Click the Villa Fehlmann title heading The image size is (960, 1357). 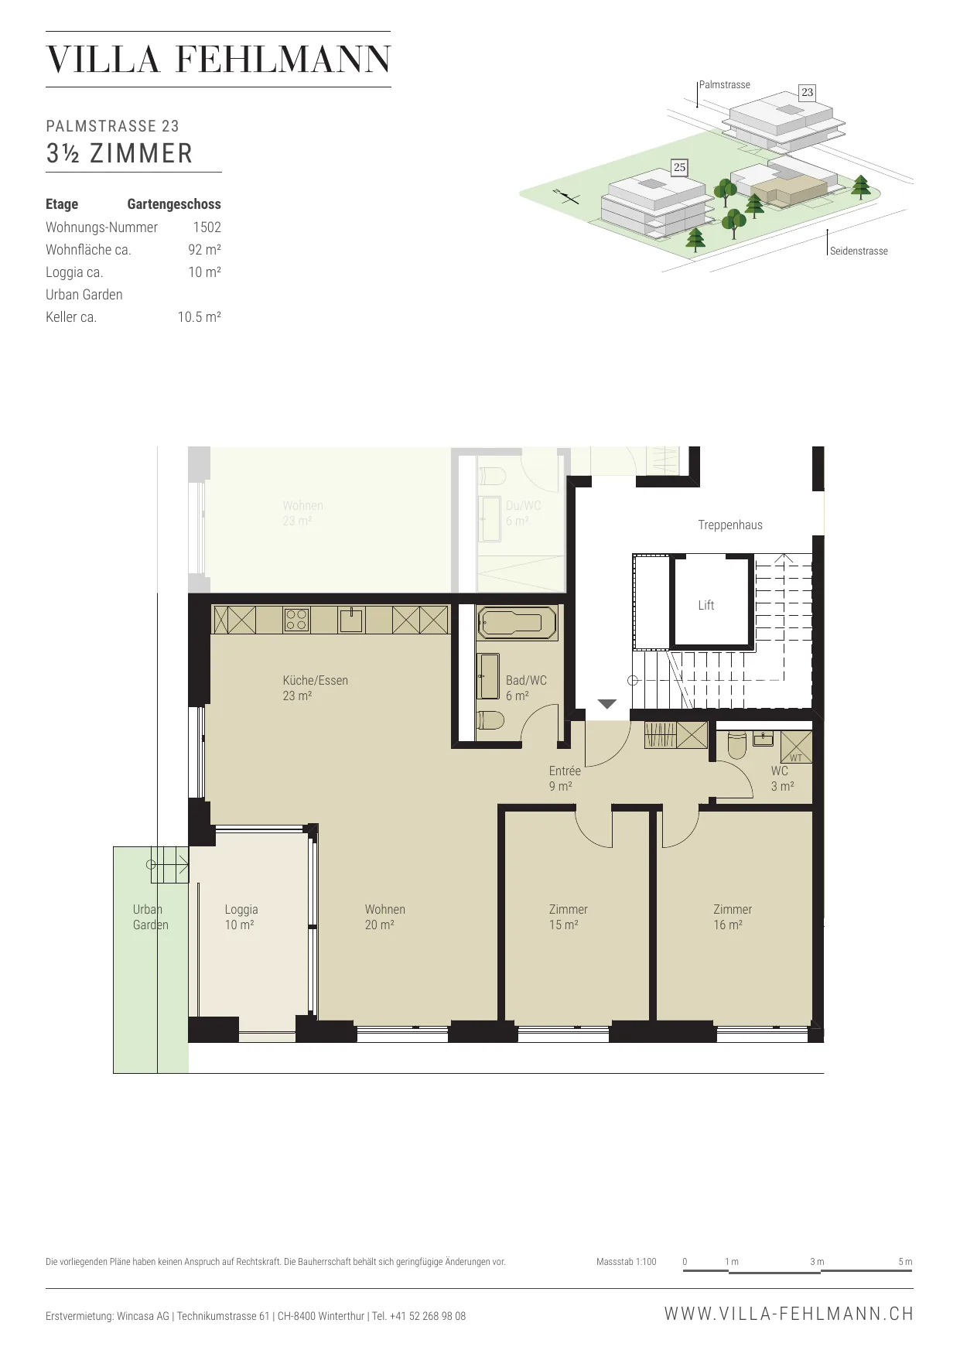[x=218, y=60]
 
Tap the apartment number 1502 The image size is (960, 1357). [x=207, y=227]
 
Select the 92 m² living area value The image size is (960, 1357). [x=205, y=250]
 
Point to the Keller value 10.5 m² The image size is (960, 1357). [x=200, y=317]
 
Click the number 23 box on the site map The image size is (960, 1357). [x=807, y=92]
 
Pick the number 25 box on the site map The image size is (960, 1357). [x=679, y=167]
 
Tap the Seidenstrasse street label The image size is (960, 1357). [x=859, y=251]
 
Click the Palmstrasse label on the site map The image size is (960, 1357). [x=725, y=85]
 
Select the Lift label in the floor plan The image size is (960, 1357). [x=706, y=606]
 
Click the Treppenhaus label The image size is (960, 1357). [x=730, y=525]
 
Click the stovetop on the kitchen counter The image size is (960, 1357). [x=297, y=620]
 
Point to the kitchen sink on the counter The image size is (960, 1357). [x=351, y=620]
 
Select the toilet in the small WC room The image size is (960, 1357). [x=736, y=746]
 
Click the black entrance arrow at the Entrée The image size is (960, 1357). [x=607, y=704]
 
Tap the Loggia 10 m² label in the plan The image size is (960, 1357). [x=241, y=918]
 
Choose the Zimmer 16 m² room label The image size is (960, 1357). [x=733, y=918]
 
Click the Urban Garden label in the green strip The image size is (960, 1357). [x=150, y=918]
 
